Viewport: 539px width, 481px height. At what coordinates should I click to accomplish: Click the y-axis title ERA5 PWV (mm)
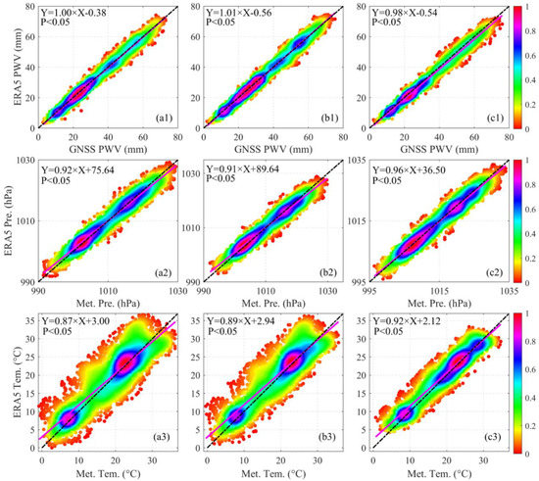tap(9, 68)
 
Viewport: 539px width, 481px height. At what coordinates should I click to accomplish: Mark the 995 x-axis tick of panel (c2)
tap(373, 292)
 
